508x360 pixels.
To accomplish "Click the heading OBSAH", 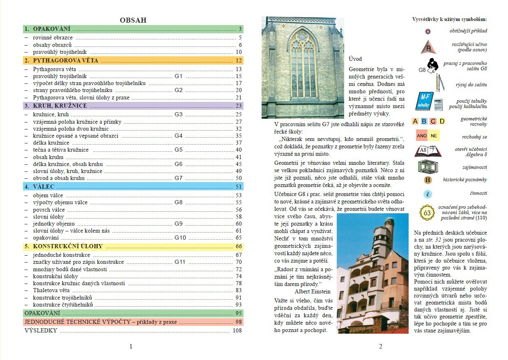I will [x=133, y=20].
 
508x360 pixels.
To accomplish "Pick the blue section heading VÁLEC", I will [x=44, y=186].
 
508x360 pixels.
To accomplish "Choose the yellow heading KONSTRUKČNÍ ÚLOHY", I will [x=68, y=247].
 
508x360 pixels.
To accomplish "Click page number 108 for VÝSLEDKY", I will [x=237, y=330].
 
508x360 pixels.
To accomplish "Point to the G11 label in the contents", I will [x=180, y=262].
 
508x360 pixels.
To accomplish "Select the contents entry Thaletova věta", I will [x=51, y=290].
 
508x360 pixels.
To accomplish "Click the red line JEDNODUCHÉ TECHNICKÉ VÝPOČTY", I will [x=101, y=322].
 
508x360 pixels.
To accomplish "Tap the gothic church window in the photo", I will [x=303, y=66].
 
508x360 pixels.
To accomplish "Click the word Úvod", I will [x=355, y=59].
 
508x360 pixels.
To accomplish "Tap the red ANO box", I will [x=421, y=136].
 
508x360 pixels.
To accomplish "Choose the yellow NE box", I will [x=434, y=136].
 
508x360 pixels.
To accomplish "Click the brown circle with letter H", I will [x=428, y=180].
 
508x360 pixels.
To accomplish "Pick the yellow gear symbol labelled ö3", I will [x=427, y=212].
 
